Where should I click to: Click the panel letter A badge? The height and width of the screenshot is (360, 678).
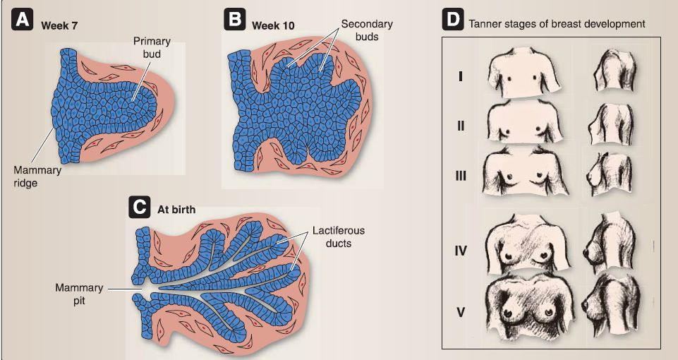23,20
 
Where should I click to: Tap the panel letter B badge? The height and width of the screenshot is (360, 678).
234,20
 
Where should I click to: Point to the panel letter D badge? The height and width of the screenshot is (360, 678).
452,20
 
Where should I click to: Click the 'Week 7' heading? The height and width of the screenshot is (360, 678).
59,25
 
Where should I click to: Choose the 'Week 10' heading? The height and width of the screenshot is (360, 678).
273,25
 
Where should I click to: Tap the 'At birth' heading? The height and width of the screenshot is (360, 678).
176,210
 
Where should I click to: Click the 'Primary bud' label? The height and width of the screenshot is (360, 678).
152,47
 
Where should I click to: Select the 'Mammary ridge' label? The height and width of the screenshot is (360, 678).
37,176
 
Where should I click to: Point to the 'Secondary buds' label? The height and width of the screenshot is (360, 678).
367,30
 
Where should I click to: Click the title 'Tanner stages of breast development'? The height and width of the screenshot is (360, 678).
557,24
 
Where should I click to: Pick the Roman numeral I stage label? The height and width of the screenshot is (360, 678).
461,77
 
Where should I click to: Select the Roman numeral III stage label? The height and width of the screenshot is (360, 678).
461,176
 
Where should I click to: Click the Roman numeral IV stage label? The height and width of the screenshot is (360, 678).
461,250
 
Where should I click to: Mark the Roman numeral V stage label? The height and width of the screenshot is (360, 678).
461,312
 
